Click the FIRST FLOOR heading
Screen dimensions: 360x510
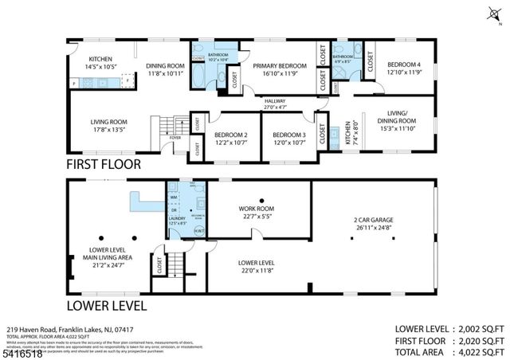click(x=104, y=164)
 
